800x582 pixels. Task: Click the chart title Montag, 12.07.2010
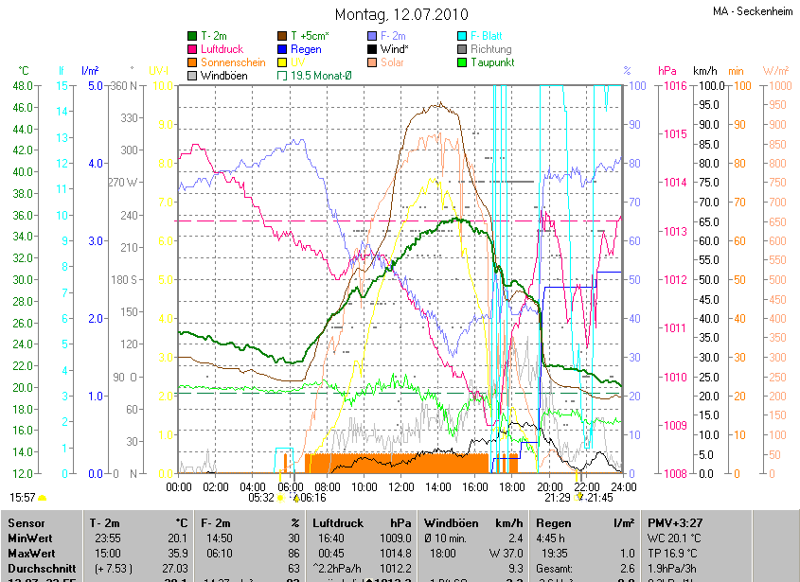[x=400, y=14]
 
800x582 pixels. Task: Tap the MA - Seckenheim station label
[x=752, y=11]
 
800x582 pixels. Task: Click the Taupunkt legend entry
[x=491, y=62]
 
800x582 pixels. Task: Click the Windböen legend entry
[x=223, y=76]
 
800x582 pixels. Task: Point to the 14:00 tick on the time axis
[x=437, y=486]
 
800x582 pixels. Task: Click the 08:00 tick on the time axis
[x=327, y=486]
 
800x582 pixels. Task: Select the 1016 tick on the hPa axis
[x=674, y=86]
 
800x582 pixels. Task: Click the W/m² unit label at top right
[x=775, y=71]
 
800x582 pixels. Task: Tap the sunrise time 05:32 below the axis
[x=261, y=497]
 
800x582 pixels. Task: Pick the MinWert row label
[x=32, y=538]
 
